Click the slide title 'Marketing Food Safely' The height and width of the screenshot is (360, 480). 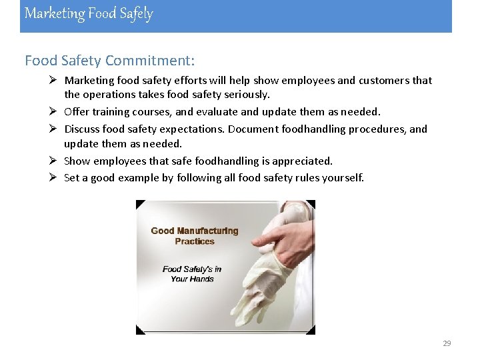[89, 13]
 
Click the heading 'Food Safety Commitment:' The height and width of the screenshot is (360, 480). [110, 61]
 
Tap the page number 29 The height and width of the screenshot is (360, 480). [447, 343]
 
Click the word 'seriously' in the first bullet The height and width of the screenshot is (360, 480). [247, 95]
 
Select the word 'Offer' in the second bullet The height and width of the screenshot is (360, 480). [76, 111]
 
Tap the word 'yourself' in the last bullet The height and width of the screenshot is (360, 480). [342, 177]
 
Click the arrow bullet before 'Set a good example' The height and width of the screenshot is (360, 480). [54, 177]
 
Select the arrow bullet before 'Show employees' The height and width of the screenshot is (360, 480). [54, 160]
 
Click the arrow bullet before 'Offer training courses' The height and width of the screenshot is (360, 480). [54, 111]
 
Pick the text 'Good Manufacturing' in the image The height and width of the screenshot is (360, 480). [194, 231]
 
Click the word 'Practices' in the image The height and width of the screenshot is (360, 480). [195, 241]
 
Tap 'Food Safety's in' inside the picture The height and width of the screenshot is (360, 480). [192, 269]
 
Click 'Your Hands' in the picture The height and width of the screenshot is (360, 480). [192, 279]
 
